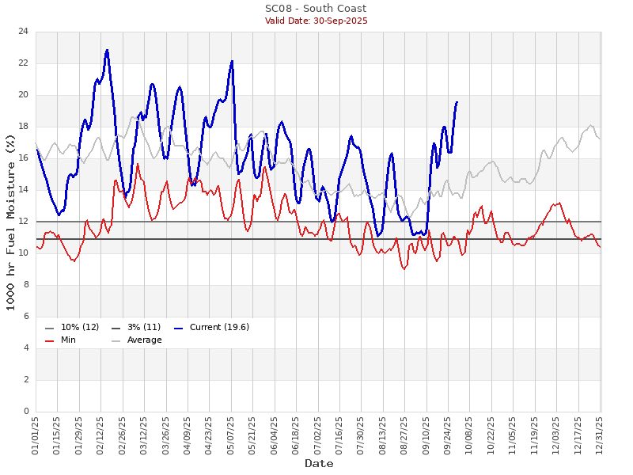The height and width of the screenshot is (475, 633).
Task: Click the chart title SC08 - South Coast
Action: click(316, 9)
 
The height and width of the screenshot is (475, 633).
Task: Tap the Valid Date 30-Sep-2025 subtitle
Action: click(316, 21)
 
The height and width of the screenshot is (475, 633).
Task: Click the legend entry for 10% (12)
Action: click(72, 328)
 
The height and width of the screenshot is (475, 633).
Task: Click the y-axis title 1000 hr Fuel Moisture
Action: click(10, 222)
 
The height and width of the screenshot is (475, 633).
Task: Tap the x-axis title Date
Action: click(319, 463)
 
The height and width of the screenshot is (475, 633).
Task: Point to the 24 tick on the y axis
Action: click(24, 32)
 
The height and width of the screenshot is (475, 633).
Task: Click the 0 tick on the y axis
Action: click(26, 412)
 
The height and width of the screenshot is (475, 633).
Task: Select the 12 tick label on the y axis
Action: click(24, 222)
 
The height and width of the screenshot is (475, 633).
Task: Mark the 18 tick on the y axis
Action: click(24, 127)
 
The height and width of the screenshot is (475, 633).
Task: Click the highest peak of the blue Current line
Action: click(107, 50)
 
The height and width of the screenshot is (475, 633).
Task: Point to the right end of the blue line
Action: click(457, 101)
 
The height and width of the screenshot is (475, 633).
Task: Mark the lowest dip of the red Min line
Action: click(404, 269)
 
